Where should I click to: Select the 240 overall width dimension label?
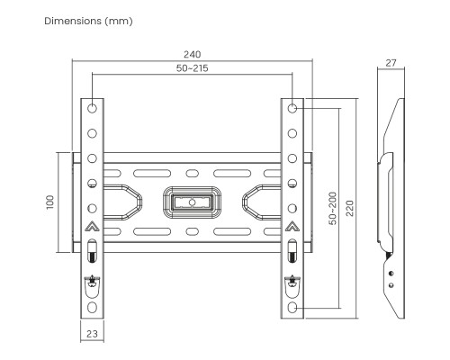pos(192,55)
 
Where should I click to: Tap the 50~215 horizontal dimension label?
pos(192,68)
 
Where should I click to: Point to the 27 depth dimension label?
pos(390,64)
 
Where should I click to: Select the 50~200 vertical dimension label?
pos(333,208)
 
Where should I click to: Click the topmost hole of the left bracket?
pos(92,107)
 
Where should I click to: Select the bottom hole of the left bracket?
pos(92,307)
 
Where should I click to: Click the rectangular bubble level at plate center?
pos(192,199)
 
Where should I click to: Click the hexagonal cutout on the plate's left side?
pos(124,200)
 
